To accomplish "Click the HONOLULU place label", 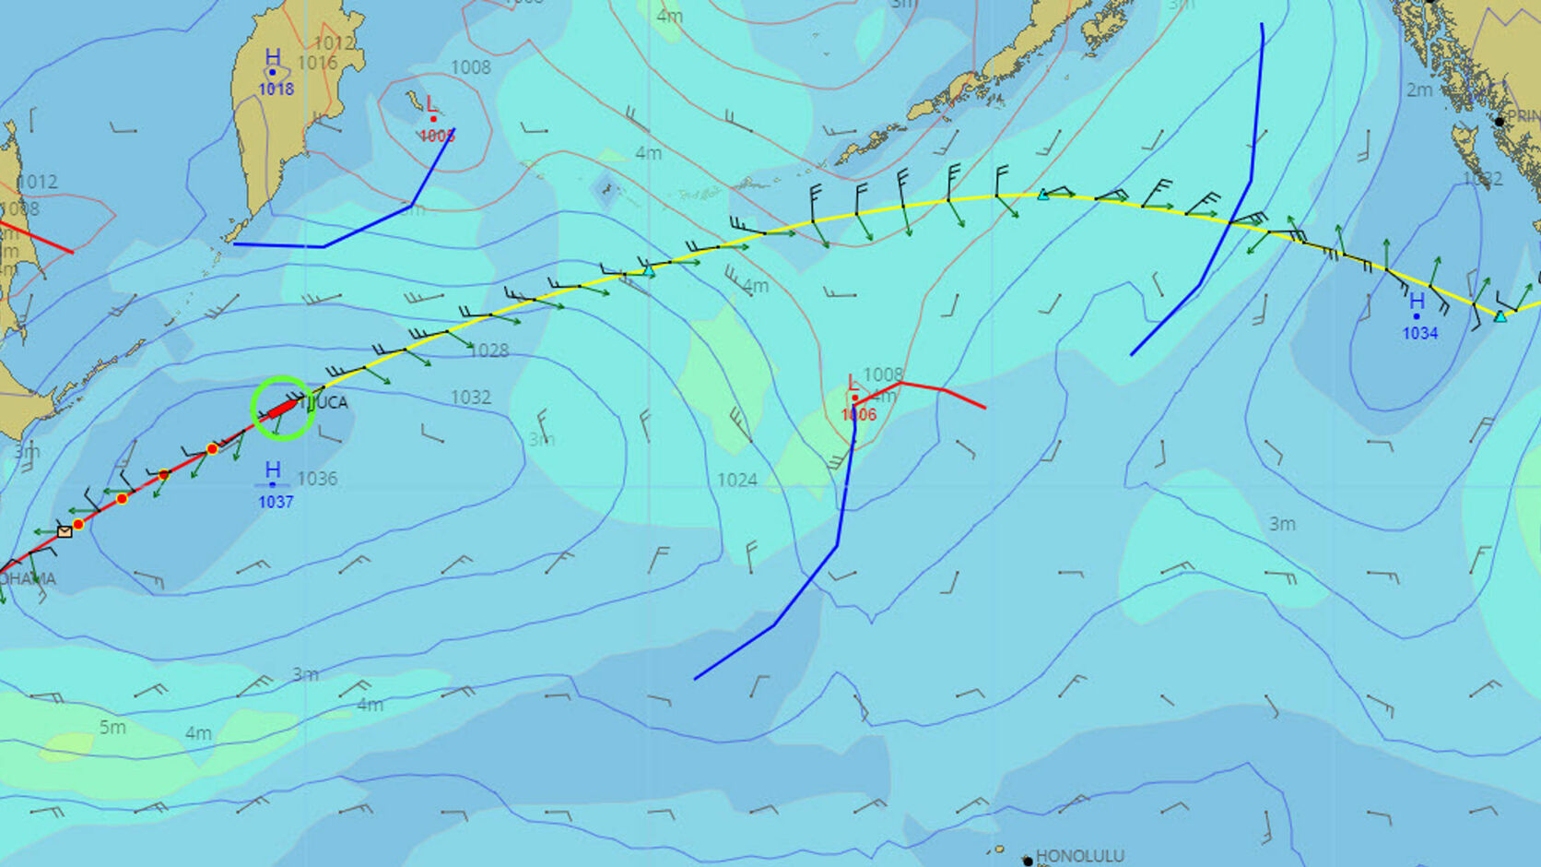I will (x=1079, y=856).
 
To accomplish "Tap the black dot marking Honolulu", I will (x=1028, y=861).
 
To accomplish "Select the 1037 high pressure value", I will (x=276, y=502).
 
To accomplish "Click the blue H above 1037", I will (x=273, y=470).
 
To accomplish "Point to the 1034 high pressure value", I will (x=1419, y=333).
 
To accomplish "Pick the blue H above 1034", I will (x=1417, y=302).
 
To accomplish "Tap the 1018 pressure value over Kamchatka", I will (x=276, y=89).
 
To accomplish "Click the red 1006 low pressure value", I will (x=858, y=415).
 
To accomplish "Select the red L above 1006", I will (x=853, y=383).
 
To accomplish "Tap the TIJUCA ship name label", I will (x=324, y=402).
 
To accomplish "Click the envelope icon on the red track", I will (x=65, y=531).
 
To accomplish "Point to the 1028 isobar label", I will (x=488, y=350).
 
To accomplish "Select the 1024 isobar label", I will (x=737, y=480).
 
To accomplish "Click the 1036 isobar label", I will (x=317, y=479).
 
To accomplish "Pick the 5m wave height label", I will (x=112, y=727).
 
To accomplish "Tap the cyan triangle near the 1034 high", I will (x=1500, y=316).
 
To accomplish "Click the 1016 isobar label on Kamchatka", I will (x=317, y=63).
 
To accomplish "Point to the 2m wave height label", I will (x=1419, y=89).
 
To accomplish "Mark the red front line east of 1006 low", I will (x=945, y=391).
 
